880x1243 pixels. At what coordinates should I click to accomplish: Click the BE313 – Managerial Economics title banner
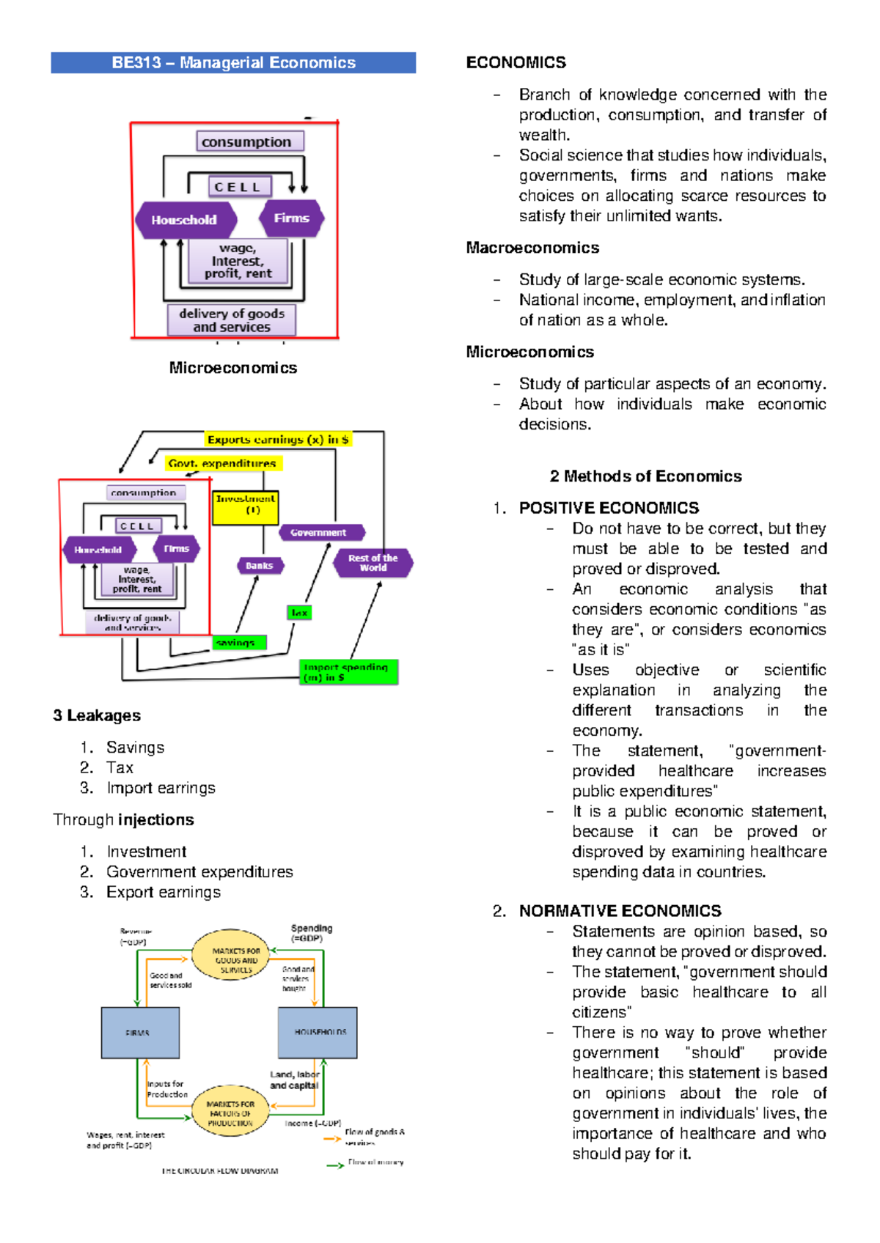pos(233,63)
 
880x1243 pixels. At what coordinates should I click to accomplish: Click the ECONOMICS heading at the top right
pos(516,63)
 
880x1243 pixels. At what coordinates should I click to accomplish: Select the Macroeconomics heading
pos(532,248)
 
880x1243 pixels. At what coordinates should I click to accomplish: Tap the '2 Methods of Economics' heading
pos(645,476)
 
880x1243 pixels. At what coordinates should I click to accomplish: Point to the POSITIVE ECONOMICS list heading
pos(609,508)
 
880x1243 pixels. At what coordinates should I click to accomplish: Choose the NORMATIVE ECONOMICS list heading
pos(620,911)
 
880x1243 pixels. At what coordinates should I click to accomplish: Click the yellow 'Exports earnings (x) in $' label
pos(278,440)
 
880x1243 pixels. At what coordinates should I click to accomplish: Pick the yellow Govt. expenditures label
pos(222,463)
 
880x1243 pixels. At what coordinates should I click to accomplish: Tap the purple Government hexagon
pos(321,533)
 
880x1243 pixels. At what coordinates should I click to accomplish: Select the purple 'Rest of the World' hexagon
pos(373,563)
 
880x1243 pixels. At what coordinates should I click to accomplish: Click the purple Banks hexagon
pos(260,566)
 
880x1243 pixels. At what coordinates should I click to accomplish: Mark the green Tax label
pos(299,612)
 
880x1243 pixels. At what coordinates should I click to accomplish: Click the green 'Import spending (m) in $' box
pos(348,672)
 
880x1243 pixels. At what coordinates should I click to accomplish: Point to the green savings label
pos(239,643)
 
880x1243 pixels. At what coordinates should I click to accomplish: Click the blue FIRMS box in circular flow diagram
pos(140,1033)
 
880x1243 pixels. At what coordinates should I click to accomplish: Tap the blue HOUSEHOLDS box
pos(318,1033)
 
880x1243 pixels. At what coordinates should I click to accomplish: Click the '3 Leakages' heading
pos(97,715)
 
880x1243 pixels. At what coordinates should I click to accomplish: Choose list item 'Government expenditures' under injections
pos(199,872)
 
